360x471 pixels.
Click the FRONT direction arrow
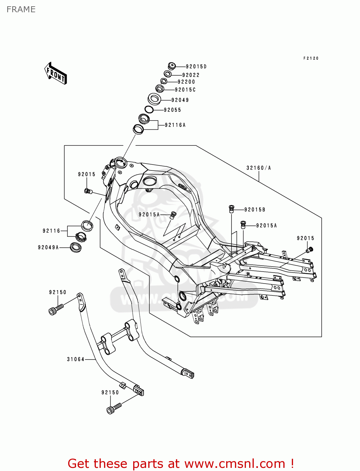[x=56, y=73]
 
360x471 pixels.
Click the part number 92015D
[x=196, y=67]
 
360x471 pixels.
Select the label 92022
[x=191, y=75]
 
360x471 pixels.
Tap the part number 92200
[x=186, y=82]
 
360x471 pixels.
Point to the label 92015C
[x=185, y=90]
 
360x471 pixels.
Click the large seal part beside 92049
[x=154, y=99]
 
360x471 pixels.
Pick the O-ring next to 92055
[x=149, y=110]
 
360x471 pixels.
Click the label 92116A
[x=175, y=125]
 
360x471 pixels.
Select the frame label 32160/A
[x=259, y=168]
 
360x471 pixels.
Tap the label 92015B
[x=254, y=210]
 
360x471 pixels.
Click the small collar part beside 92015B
[x=232, y=209]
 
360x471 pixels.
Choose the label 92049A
[x=48, y=247]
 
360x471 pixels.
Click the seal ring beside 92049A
[x=76, y=247]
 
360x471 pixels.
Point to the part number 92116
[x=51, y=231]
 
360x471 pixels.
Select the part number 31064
[x=75, y=359]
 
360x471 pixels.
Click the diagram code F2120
[x=311, y=58]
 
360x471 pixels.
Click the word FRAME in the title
[x=21, y=9]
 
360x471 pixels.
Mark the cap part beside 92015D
[x=172, y=66]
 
